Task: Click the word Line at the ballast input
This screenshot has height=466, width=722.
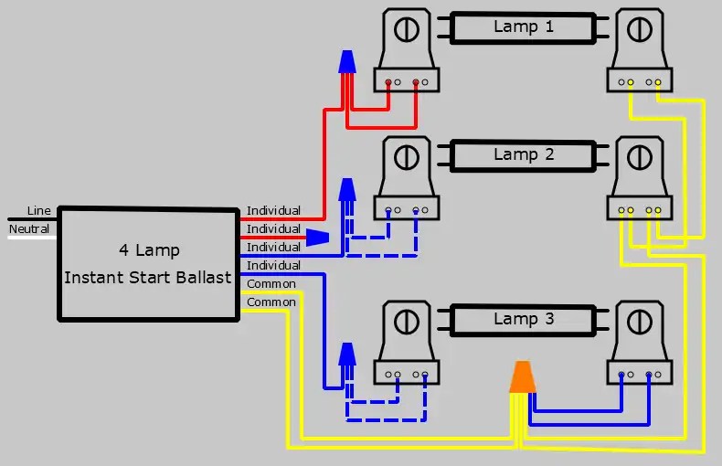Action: coord(39,210)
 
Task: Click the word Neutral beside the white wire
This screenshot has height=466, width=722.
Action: coord(29,228)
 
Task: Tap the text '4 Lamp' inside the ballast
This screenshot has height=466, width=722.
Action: coord(149,250)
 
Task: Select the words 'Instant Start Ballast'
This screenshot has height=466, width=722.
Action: coord(148,277)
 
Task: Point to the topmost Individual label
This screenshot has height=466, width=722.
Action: coord(273,211)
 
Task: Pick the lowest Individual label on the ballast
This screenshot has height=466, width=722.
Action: coord(273,266)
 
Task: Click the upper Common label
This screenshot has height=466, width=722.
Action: coord(271,284)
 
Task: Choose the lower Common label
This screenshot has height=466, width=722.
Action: coord(271,302)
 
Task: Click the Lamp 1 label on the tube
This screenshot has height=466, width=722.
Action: coord(524,26)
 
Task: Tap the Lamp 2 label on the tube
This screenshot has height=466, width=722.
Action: coord(524,154)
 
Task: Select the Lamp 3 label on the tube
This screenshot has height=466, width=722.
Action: coord(524,319)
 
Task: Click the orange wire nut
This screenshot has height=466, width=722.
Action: coord(522,377)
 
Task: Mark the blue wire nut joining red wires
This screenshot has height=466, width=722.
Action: coord(346,62)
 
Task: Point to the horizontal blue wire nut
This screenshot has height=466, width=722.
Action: coord(316,238)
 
